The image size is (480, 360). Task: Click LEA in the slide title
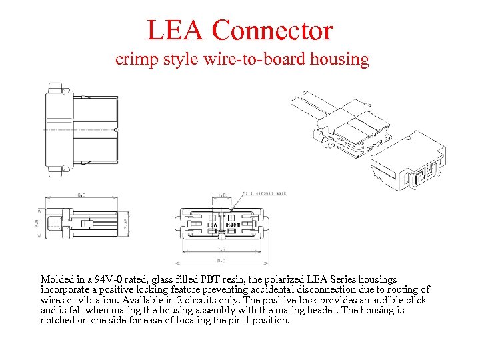tap(175, 31)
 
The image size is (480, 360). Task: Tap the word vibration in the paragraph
tap(91, 300)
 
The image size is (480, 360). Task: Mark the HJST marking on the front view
tap(233, 225)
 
